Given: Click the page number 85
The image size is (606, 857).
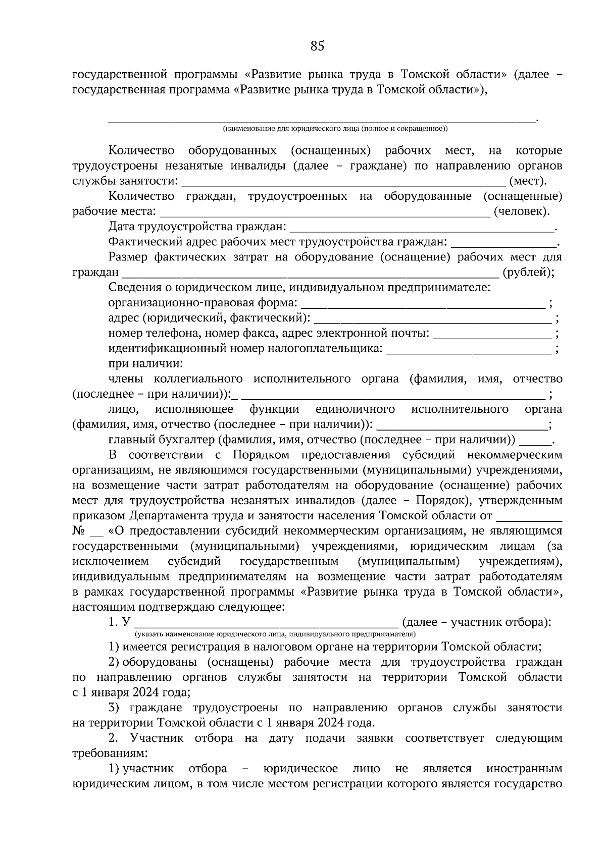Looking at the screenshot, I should coord(317,46).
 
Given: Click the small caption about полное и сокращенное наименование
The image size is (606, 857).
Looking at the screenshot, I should coord(335,129).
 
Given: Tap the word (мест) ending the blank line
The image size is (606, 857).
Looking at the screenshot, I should coord(528,181).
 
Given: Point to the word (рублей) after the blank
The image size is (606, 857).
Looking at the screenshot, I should coord(528,273).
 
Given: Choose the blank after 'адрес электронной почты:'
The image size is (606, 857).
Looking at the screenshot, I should coord(492,334).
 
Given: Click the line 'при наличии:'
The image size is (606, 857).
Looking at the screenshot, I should coord(145,364).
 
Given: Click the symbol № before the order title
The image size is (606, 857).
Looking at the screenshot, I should coord(78,531).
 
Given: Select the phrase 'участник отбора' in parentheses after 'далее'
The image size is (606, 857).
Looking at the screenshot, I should coord(497,622).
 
